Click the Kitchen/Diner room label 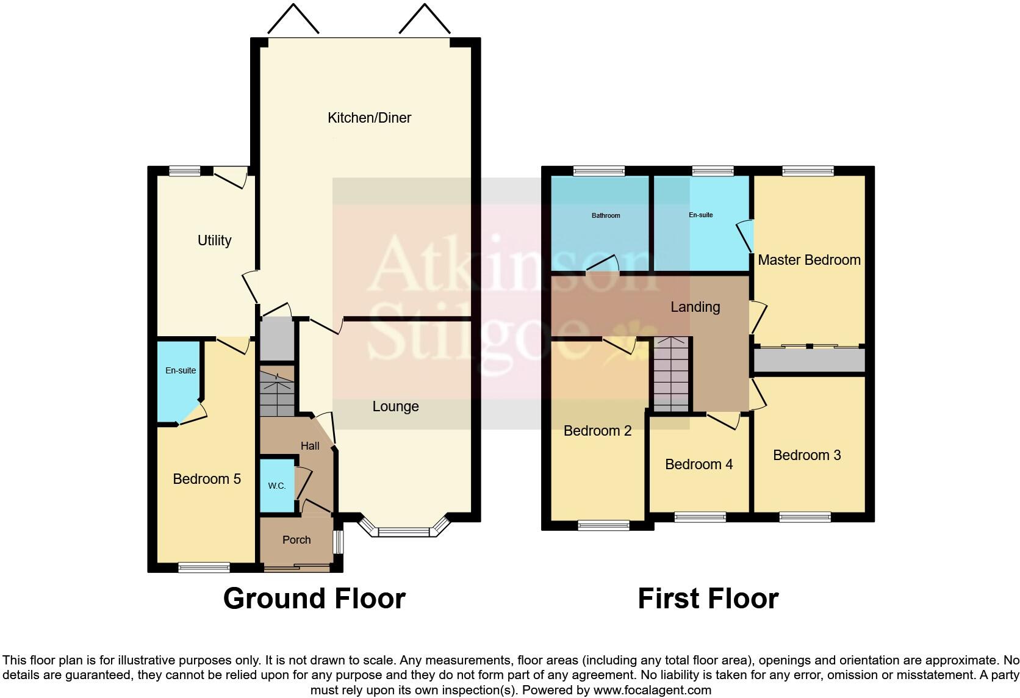pyautogui.click(x=369, y=118)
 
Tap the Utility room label pyautogui.click(x=214, y=240)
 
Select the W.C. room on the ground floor pyautogui.click(x=276, y=486)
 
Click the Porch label pyautogui.click(x=296, y=540)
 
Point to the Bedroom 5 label pyautogui.click(x=206, y=479)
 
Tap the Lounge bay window pyautogui.click(x=404, y=530)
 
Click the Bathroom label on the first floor pyautogui.click(x=605, y=215)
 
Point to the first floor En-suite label pyautogui.click(x=700, y=215)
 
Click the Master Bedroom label pyautogui.click(x=809, y=260)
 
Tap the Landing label pyautogui.click(x=695, y=307)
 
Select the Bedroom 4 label pyautogui.click(x=699, y=464)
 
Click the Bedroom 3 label pyautogui.click(x=806, y=455)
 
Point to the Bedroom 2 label pyautogui.click(x=597, y=431)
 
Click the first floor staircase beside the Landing pyautogui.click(x=671, y=375)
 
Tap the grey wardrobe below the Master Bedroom pyautogui.click(x=810, y=360)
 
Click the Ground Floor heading pyautogui.click(x=314, y=599)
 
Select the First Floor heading pyautogui.click(x=708, y=599)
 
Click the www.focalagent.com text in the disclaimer pyautogui.click(x=652, y=691)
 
